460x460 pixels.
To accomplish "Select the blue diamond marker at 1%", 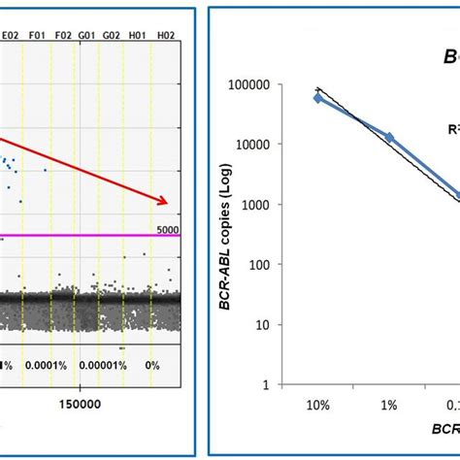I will point(390,138).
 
